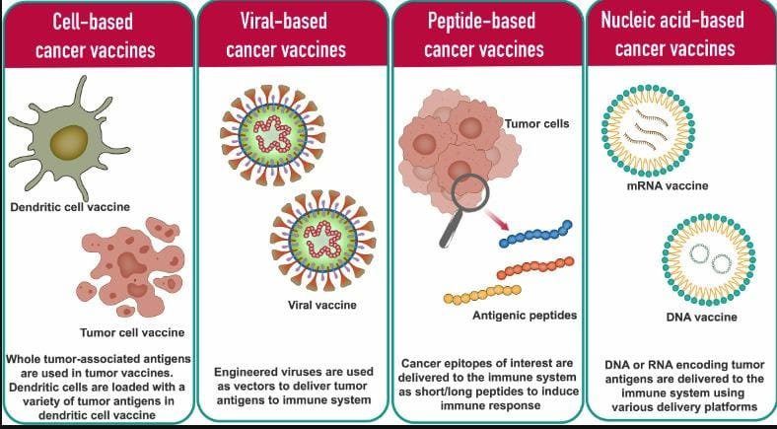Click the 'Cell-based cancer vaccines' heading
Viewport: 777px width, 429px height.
[95, 36]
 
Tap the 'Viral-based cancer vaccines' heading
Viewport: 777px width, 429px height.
[286, 36]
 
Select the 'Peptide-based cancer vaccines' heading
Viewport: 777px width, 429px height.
[484, 36]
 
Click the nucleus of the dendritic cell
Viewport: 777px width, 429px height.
[68, 143]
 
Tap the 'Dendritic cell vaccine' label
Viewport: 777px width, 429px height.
[70, 206]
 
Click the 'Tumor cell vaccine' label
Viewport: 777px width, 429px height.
[132, 332]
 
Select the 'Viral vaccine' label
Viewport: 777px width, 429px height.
[322, 305]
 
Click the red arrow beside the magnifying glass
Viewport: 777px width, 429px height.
[498, 220]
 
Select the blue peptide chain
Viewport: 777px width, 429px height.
[535, 234]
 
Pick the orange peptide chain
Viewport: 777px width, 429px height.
[535, 268]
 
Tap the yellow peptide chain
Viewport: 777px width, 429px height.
[481, 294]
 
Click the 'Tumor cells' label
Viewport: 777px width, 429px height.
[537, 123]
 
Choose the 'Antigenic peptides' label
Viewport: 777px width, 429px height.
[525, 315]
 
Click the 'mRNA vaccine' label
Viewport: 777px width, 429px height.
[666, 186]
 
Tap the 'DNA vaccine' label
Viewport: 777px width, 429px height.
[701, 317]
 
